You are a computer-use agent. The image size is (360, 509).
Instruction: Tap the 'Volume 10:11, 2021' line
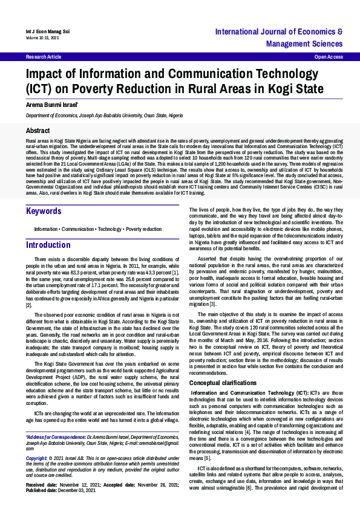[42, 37]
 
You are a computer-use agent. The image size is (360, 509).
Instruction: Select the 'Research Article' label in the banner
[44, 56]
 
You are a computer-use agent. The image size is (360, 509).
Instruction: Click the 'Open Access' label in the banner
[329, 56]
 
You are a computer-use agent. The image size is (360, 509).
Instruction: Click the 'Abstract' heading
[38, 131]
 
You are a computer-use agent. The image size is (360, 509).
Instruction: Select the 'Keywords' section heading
[44, 211]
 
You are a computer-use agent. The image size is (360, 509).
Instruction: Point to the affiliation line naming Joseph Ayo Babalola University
[103, 115]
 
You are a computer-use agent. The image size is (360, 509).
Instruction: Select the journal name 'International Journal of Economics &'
[279, 31]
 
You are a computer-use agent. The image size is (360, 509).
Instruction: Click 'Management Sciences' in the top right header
[296, 44]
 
